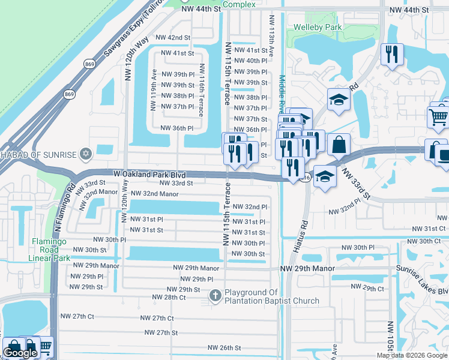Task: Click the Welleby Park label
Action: tap(317, 27)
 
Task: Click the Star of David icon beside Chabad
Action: tap(85, 155)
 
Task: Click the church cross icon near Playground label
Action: tap(215, 295)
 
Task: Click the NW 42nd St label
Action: tap(172, 37)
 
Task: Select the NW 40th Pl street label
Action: tap(249, 61)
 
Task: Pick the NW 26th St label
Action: tap(224, 347)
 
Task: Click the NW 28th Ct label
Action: tap(169, 297)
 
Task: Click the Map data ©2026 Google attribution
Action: tap(412, 355)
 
